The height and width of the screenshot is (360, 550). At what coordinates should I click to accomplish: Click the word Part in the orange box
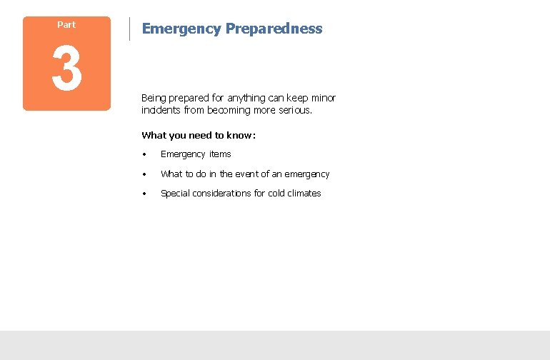(66, 25)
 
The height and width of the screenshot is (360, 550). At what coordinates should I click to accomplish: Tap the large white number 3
(66, 71)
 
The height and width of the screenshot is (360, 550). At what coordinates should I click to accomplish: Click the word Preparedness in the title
(274, 29)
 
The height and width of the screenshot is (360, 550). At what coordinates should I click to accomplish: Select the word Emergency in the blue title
(181, 29)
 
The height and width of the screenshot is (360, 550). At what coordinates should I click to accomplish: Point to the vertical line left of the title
(129, 29)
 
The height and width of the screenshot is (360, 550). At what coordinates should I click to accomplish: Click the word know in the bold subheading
(239, 135)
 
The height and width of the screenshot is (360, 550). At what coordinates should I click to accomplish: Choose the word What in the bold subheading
(153, 135)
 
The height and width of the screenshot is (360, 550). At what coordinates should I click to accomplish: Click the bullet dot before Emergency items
(144, 154)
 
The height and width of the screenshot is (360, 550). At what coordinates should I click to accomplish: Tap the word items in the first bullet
(220, 154)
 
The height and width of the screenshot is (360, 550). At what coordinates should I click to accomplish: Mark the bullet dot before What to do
(144, 174)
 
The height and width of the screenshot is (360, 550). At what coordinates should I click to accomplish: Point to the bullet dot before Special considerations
(144, 194)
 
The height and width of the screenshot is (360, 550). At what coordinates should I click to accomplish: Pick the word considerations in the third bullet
(227, 194)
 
